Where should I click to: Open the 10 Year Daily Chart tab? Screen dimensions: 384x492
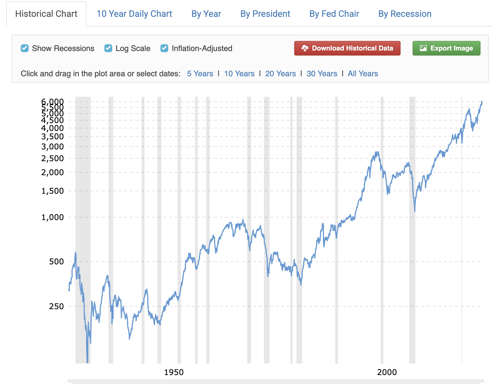click(x=134, y=14)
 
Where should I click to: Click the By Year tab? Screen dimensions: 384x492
click(x=206, y=14)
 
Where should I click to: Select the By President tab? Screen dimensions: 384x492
click(x=265, y=14)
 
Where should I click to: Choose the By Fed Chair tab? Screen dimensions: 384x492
click(x=334, y=14)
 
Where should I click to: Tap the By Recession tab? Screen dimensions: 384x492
click(x=405, y=14)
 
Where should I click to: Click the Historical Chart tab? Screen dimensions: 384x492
click(x=46, y=14)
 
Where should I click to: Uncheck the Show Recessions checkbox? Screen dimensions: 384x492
click(x=25, y=48)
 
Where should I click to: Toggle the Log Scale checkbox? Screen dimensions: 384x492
click(x=108, y=48)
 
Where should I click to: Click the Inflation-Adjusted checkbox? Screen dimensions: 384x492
click(x=164, y=48)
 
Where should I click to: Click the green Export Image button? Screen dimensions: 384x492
click(x=446, y=48)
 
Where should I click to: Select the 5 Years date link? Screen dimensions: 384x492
click(x=200, y=74)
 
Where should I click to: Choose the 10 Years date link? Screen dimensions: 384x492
click(x=239, y=74)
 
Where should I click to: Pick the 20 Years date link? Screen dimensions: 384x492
click(x=281, y=74)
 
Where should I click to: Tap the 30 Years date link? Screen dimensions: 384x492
click(x=322, y=74)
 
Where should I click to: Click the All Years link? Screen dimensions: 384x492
click(x=363, y=74)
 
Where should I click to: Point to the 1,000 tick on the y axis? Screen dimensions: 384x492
click(x=52, y=217)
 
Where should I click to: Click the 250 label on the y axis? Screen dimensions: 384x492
click(x=56, y=306)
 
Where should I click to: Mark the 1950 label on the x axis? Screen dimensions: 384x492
click(x=174, y=372)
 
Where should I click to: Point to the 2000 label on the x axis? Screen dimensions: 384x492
click(x=387, y=372)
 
